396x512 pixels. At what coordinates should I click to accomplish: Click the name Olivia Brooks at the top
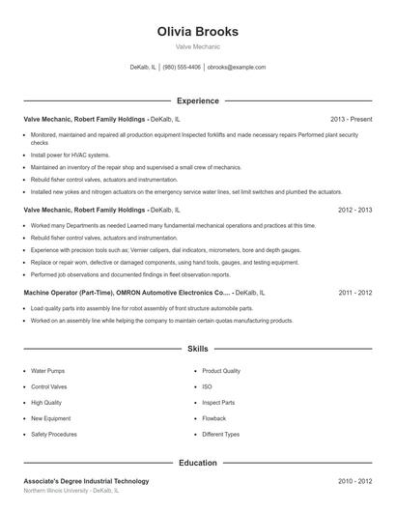coord(197,32)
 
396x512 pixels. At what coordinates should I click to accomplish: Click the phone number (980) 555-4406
coord(182,68)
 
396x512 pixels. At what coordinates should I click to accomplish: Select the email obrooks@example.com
coord(237,68)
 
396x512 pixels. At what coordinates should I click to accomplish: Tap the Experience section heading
coord(197,100)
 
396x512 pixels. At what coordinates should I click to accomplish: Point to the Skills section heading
coord(197,348)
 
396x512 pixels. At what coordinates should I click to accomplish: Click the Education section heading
coord(197,463)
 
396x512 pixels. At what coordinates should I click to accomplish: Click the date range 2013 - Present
coord(351,119)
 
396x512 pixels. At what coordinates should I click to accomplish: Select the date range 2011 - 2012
coord(354,292)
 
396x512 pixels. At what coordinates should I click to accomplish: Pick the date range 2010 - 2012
coord(354,481)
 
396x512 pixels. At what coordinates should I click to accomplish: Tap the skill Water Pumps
coord(47,370)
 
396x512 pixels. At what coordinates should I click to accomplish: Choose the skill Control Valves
coord(49,386)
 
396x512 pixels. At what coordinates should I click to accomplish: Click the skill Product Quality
coord(221,370)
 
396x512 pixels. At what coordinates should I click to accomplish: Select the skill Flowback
coord(213,418)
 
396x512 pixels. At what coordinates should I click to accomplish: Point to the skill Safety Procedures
coord(54,434)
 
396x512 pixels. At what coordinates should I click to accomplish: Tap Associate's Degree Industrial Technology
coord(86,481)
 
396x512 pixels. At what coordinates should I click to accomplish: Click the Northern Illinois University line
coord(71,491)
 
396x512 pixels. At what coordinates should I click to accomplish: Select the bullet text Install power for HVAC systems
coord(71,155)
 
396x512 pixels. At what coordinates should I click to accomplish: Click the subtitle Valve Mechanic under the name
coord(197,46)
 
